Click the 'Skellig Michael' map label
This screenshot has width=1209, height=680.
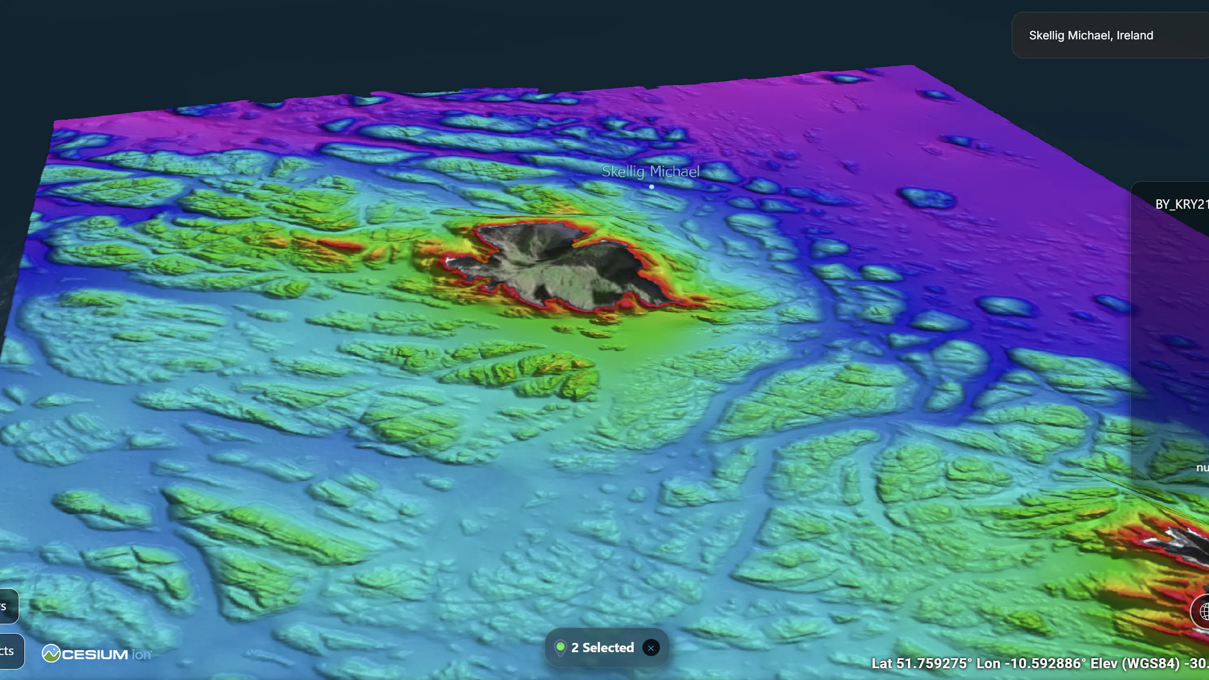pyautogui.click(x=650, y=171)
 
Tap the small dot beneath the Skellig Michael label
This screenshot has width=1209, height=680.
pyautogui.click(x=652, y=187)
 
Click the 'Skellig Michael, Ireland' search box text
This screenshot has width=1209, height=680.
pyautogui.click(x=1090, y=35)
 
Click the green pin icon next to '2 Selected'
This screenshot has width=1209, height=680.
pyautogui.click(x=560, y=647)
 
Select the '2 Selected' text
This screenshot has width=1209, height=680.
pyautogui.click(x=602, y=648)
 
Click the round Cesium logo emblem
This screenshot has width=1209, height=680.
pyautogui.click(x=51, y=653)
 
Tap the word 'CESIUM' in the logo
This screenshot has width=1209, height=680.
pyautogui.click(x=95, y=654)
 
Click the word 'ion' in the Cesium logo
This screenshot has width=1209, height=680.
pyautogui.click(x=141, y=654)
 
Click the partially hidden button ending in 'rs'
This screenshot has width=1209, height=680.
pyautogui.click(x=7, y=606)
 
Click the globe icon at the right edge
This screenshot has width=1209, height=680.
pyautogui.click(x=1202, y=611)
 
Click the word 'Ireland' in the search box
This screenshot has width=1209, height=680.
pyautogui.click(x=1134, y=35)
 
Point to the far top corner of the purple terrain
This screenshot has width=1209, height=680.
pyautogui.click(x=913, y=66)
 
